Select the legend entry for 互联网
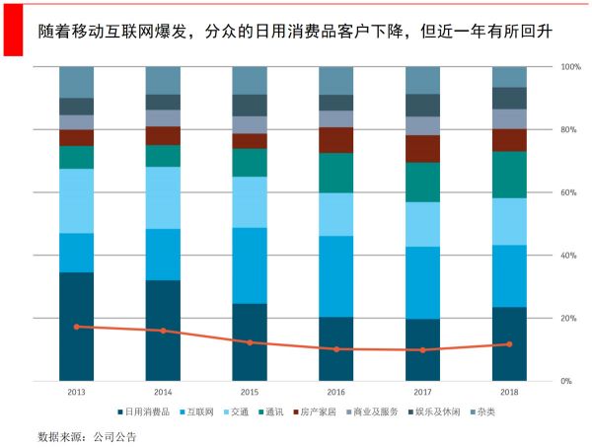click(201, 411)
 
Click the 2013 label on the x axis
click(76, 391)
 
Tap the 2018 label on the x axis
click(509, 391)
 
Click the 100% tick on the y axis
click(570, 67)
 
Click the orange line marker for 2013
click(76, 327)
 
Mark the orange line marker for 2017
click(422, 350)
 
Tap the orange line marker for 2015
click(250, 342)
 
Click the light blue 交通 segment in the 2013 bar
click(76, 201)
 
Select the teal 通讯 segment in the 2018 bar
click(509, 175)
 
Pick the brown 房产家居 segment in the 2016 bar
click(335, 140)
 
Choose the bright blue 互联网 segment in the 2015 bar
click(250, 265)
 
